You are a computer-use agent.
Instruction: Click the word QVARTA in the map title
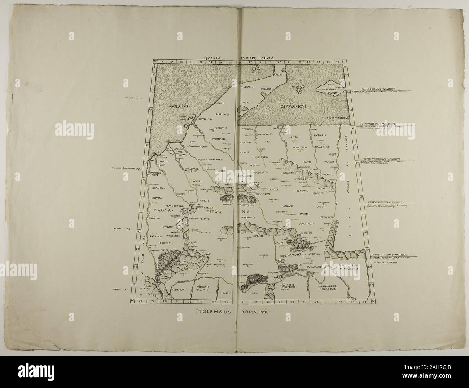(212, 57)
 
